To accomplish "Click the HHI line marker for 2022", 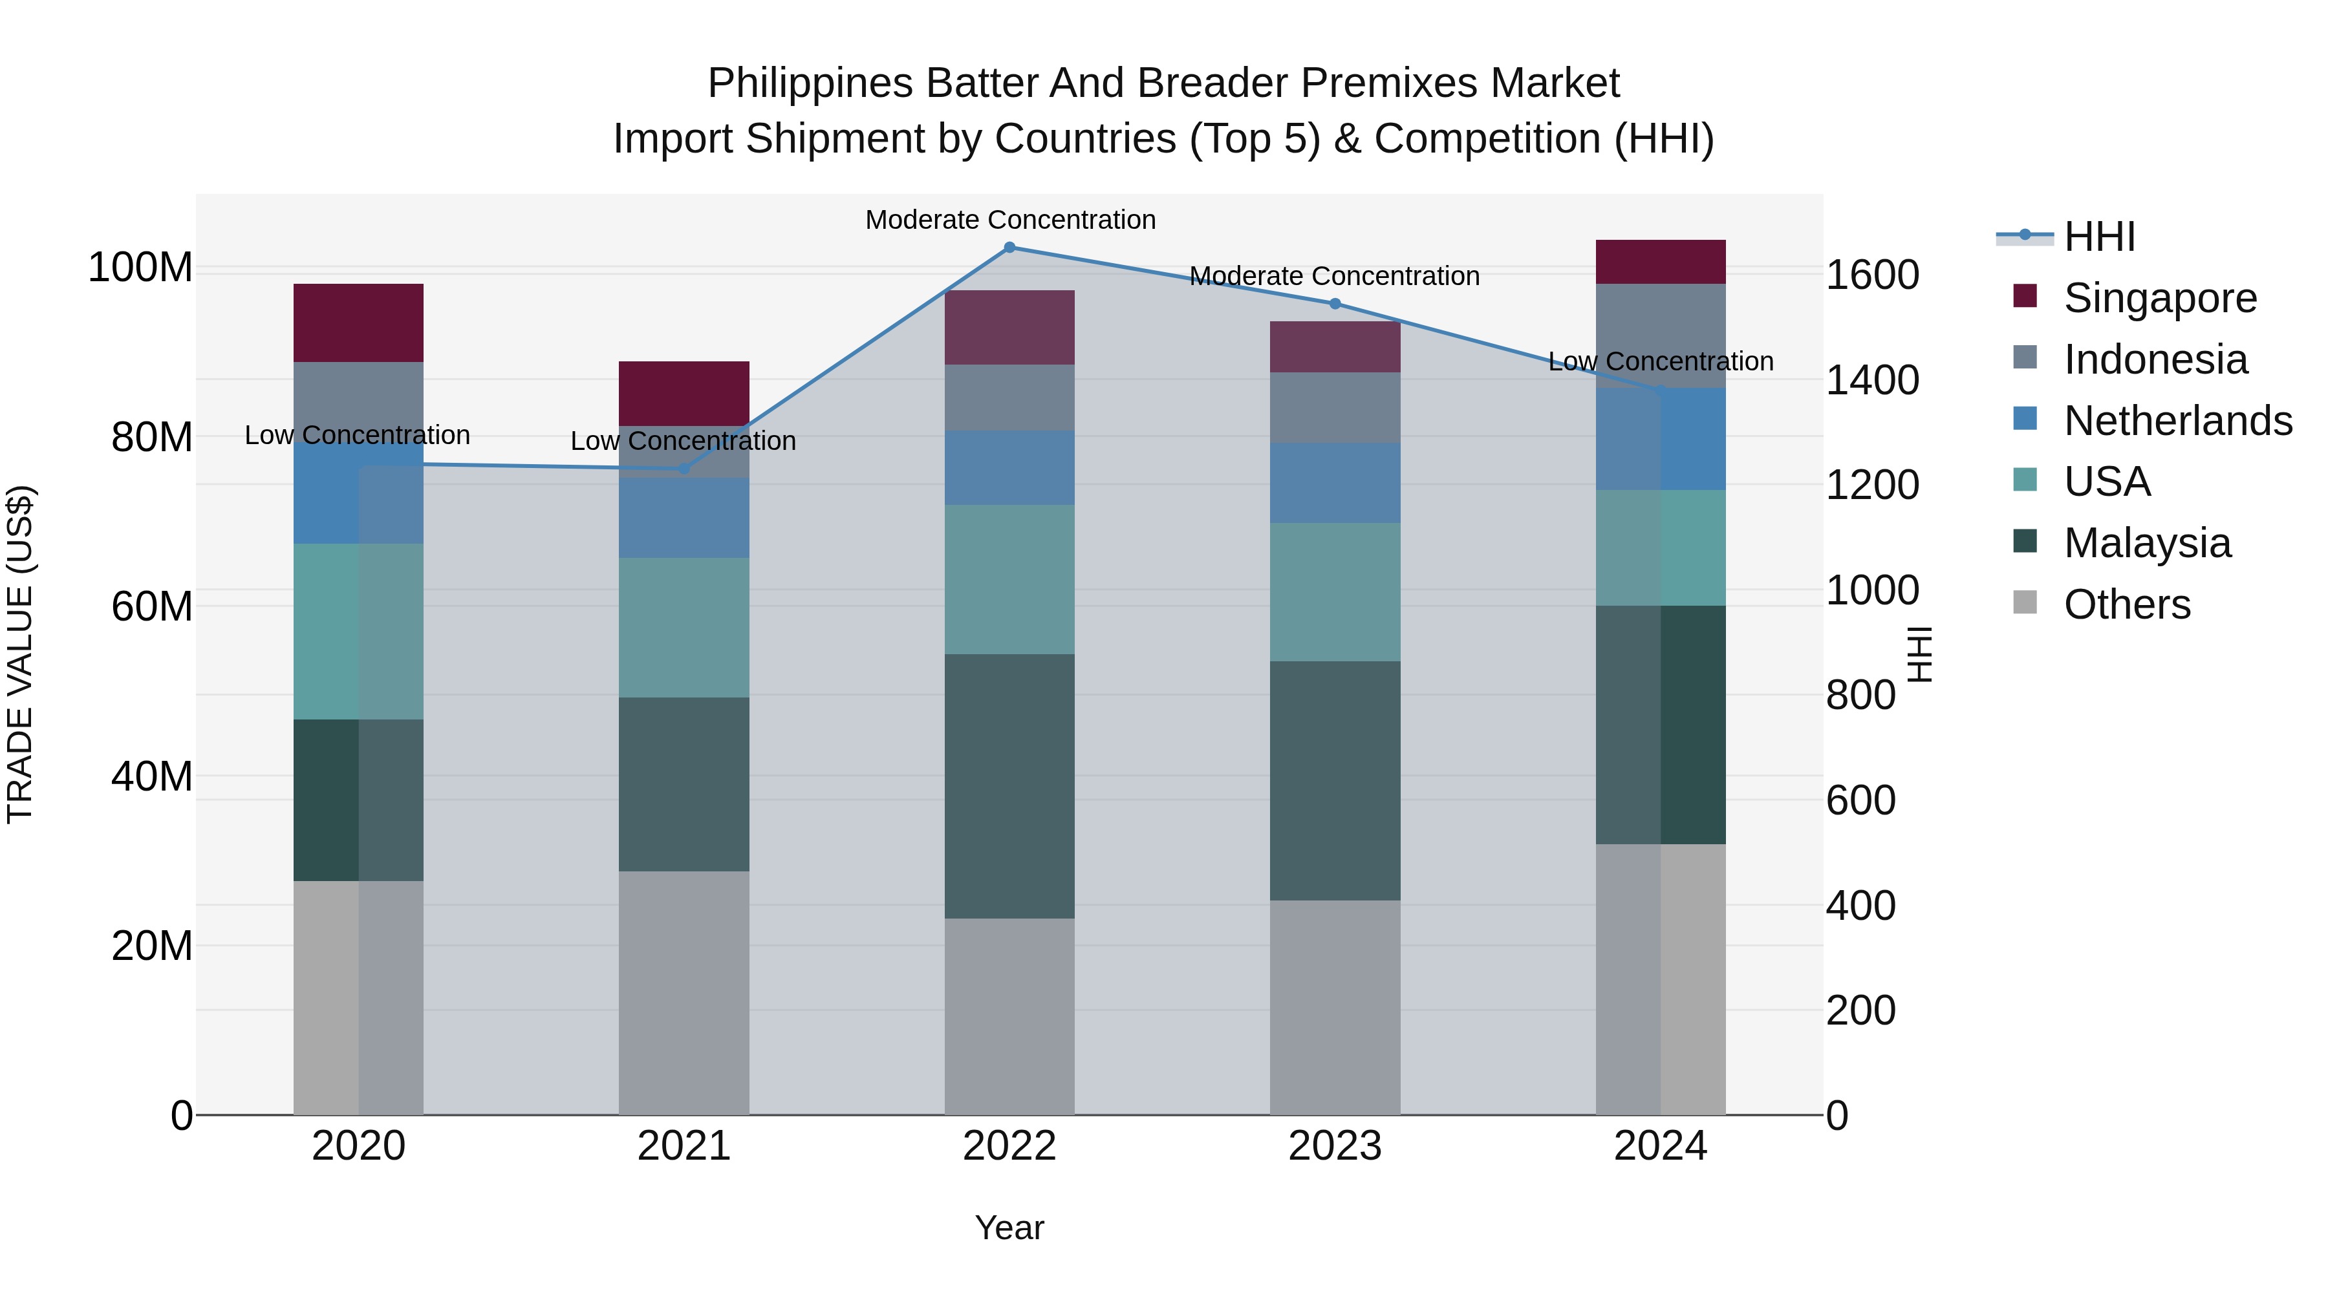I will tap(1009, 248).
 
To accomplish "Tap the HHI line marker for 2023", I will tap(1335, 304).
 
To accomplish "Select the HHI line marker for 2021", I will tap(684, 468).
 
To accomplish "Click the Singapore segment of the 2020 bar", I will tap(359, 323).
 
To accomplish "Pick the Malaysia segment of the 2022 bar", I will tap(1009, 786).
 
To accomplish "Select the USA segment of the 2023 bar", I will tap(1335, 591).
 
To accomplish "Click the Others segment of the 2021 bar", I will tap(684, 993).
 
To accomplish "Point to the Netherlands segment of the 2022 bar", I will tap(1009, 468).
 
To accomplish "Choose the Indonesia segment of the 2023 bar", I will tap(1335, 407).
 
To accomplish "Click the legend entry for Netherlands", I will tap(2178, 421).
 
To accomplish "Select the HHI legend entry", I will tap(2099, 237).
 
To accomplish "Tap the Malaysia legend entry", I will tap(2147, 543).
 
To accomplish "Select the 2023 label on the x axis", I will tap(1335, 1146).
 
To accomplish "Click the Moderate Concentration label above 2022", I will tap(1010, 220).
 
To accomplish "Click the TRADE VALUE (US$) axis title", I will tap(20, 654).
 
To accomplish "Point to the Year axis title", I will tap(1009, 1228).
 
